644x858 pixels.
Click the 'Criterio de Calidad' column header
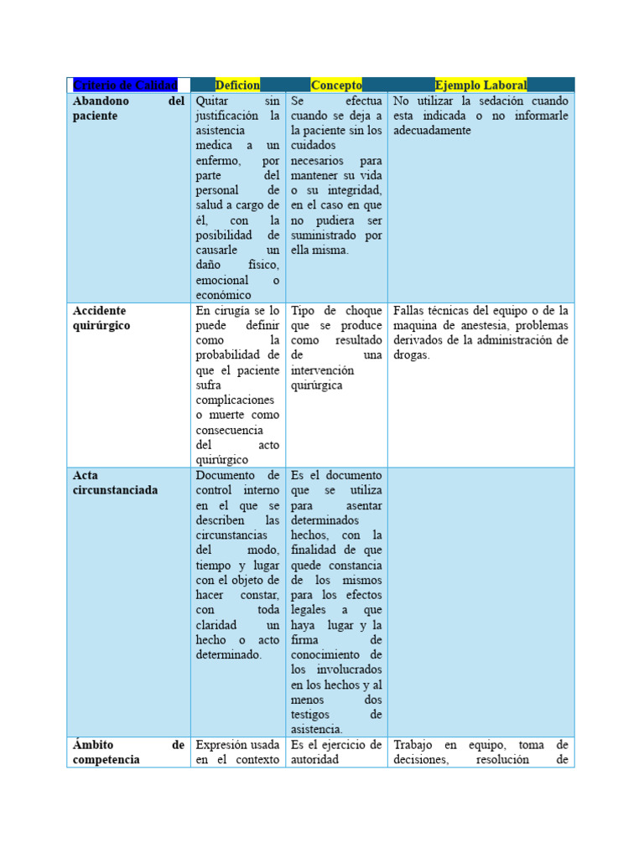125,85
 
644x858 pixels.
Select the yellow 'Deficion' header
237,85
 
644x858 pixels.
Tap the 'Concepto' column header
336,85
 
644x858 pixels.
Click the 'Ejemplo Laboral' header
480,85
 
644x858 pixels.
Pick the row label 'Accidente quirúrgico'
101,318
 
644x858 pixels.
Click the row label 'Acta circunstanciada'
115,482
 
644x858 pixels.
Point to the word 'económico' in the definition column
223,295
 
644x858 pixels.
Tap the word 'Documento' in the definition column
224,475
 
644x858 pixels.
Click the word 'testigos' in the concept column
312,714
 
